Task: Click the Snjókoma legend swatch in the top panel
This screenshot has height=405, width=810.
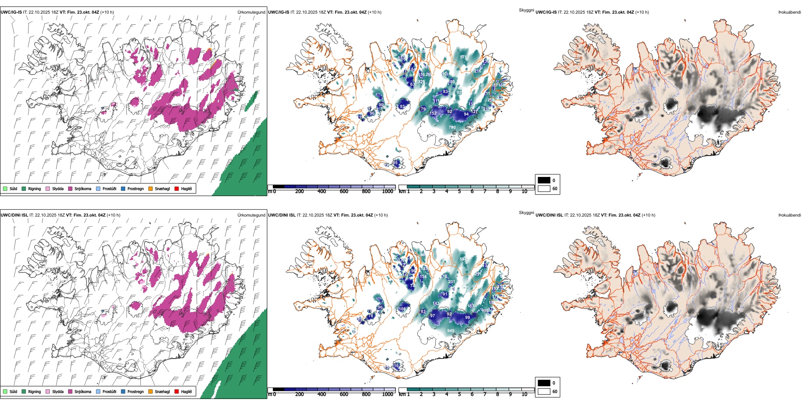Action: coord(70,188)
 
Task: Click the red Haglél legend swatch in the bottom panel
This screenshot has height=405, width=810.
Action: coord(176,391)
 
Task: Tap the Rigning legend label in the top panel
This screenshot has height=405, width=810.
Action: coord(35,188)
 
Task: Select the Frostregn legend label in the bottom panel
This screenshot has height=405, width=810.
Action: coord(136,391)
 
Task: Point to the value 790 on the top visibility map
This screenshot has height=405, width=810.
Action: coord(452,127)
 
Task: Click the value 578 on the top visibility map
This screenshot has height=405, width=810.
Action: coord(464,57)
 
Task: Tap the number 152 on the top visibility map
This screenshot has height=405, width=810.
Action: coord(433,113)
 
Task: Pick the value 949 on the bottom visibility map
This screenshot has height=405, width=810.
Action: coord(451,330)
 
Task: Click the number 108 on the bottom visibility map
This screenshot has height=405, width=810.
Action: coord(402,309)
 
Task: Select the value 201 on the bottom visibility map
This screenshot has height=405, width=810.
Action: coord(451,281)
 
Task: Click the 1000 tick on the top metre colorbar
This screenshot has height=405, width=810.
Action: coord(388,191)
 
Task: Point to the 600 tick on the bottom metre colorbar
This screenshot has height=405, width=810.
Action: coord(344,394)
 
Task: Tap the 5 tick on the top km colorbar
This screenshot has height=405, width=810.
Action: coord(459,191)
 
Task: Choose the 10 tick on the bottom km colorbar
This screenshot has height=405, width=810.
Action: coord(524,394)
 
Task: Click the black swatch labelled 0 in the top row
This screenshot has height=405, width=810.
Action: coord(544,180)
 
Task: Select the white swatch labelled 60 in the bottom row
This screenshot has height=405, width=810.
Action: coord(544,391)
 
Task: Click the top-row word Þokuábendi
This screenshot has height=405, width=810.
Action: coord(790,12)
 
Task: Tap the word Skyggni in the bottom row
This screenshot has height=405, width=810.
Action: coord(526,212)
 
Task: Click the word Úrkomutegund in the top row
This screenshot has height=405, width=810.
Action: coord(252,12)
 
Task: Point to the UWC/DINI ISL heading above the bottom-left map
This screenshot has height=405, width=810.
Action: coord(14,215)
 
